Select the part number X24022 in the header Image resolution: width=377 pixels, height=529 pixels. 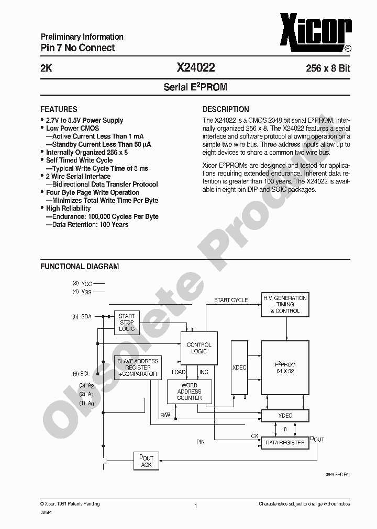tap(195, 68)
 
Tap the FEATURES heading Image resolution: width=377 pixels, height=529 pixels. tap(59, 109)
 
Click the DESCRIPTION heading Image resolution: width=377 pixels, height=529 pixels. tap(226, 109)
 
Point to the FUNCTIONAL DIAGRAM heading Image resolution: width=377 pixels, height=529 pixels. tap(80, 267)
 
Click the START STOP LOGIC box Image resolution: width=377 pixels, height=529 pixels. tap(127, 323)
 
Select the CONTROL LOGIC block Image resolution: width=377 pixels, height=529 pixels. tap(199, 348)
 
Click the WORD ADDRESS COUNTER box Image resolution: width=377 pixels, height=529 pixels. tap(189, 392)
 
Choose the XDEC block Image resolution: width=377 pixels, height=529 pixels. tap(239, 367)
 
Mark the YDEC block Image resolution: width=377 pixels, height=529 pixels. tap(285, 416)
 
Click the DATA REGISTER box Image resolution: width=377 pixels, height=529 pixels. tap(285, 442)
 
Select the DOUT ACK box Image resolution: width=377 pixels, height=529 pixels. tap(146, 461)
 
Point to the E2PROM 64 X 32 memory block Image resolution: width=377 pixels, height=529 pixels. tap(285, 367)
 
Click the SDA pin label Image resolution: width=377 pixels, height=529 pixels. tap(86, 317)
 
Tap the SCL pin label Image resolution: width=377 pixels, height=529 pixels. tap(85, 374)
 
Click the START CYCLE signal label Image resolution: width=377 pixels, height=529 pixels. tap(231, 301)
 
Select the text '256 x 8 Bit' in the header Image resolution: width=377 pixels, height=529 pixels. tap(328, 68)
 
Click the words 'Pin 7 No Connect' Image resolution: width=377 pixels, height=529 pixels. tap(77, 48)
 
